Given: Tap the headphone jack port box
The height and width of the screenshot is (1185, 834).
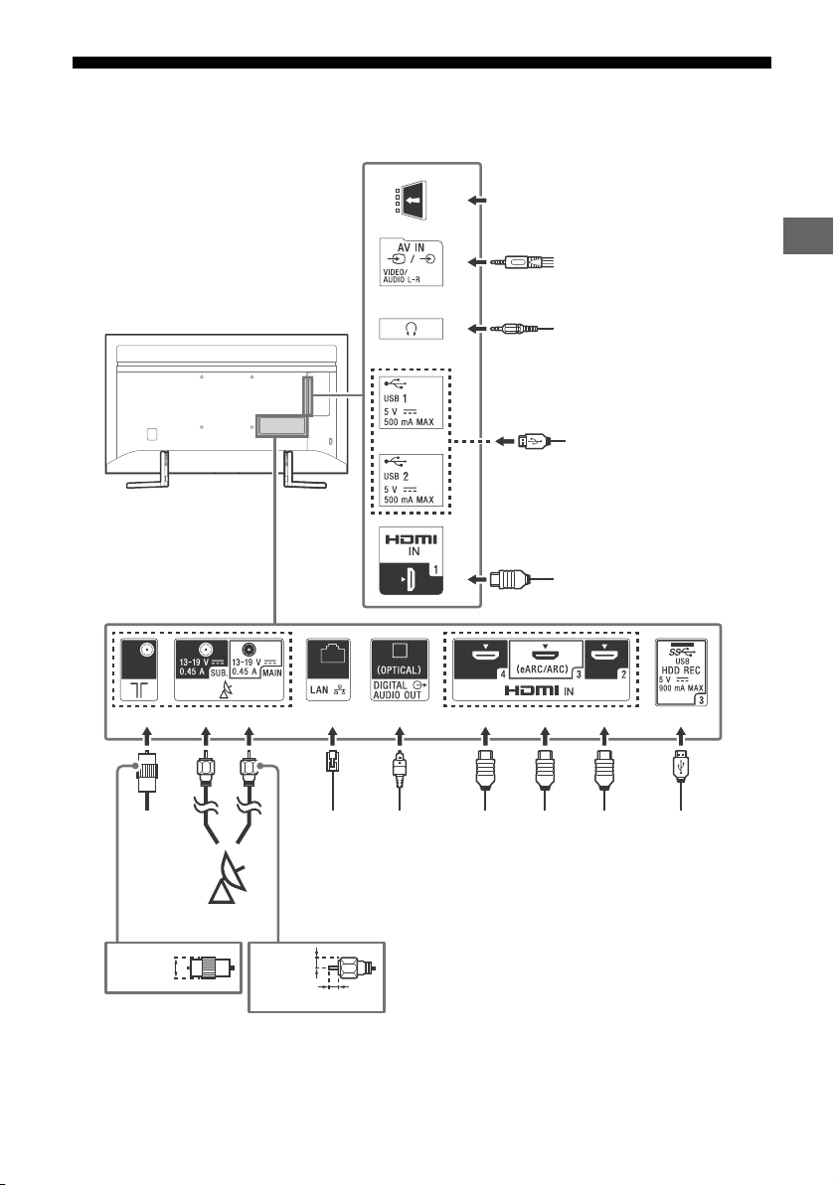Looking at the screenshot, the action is pyautogui.click(x=411, y=329).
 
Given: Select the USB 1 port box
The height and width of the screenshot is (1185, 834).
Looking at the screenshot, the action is pyautogui.click(x=411, y=402).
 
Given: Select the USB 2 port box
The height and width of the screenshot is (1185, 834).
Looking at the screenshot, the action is pyautogui.click(x=411, y=480).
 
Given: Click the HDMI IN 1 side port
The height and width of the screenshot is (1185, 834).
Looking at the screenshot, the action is pyautogui.click(x=411, y=561).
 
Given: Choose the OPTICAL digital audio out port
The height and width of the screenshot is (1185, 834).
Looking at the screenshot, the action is pyautogui.click(x=400, y=669).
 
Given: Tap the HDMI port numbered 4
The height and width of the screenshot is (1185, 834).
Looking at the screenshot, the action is pyautogui.click(x=481, y=659).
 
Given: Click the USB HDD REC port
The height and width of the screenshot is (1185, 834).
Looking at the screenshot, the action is pyautogui.click(x=681, y=672).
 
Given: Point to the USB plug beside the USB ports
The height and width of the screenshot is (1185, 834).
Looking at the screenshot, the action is pyautogui.click(x=533, y=441).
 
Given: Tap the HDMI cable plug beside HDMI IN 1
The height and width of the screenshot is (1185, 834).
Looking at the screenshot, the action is pyautogui.click(x=507, y=580).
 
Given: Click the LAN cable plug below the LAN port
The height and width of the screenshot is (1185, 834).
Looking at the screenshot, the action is pyautogui.click(x=331, y=762).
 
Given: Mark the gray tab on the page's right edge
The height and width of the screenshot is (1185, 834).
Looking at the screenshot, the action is pyautogui.click(x=808, y=236).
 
